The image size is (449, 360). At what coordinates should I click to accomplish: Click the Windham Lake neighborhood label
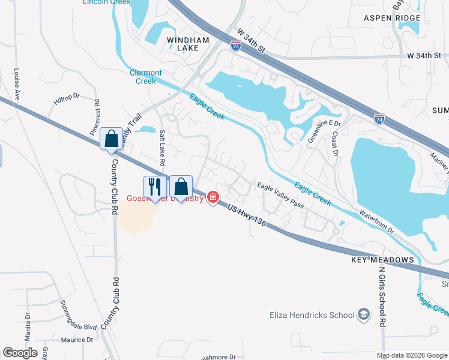pos(187,44)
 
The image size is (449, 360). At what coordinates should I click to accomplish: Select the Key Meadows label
pos(384,260)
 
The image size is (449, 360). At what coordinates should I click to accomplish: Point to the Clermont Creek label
pos(146,77)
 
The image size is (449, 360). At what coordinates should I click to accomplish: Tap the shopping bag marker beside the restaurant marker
pos(181,187)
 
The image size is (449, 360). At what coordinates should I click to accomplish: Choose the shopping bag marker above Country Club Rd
pos(112,139)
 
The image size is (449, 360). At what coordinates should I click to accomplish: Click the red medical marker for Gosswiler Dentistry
pos(213,197)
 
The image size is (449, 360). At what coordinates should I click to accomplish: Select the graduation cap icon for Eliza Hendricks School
pos(363,314)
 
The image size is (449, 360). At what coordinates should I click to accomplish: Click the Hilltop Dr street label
pos(66,100)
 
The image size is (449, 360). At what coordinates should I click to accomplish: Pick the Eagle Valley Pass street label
pos(280,196)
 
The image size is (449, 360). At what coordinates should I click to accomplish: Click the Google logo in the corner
pos(21,353)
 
